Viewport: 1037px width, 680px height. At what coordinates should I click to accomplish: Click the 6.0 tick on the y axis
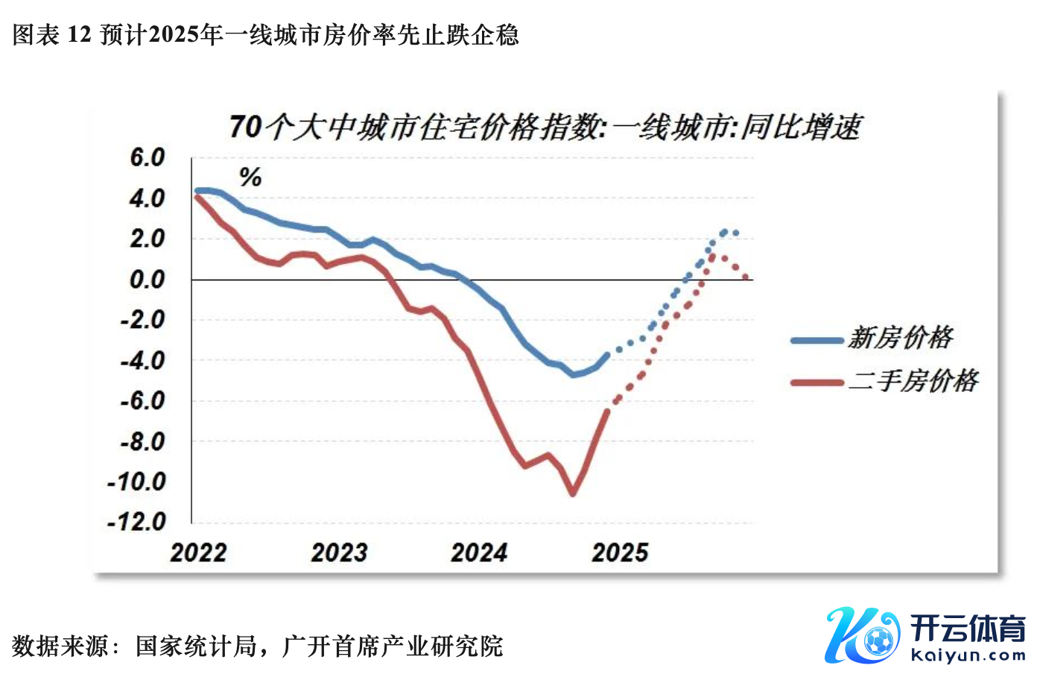point(147,158)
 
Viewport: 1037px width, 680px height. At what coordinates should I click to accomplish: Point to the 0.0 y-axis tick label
point(147,280)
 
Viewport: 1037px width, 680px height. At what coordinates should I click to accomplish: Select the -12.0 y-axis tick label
point(137,521)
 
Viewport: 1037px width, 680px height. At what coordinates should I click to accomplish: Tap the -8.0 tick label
point(142,441)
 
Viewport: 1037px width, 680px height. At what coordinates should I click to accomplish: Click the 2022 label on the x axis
point(198,552)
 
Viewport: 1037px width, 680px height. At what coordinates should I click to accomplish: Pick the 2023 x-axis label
point(339,552)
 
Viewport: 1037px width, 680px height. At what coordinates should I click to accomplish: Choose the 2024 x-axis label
point(479,552)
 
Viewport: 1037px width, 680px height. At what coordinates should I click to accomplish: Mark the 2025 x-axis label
point(620,552)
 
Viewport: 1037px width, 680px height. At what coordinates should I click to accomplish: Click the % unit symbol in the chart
point(250,177)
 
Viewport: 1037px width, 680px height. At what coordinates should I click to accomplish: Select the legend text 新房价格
point(901,338)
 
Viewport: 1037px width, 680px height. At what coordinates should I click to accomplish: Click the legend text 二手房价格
point(913,381)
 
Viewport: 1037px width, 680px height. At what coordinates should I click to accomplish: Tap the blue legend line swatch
point(817,341)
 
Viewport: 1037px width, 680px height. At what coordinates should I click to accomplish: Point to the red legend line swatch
point(817,383)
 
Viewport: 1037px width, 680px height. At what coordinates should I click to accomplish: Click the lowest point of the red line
point(573,493)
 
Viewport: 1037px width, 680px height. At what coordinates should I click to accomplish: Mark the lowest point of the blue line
point(573,374)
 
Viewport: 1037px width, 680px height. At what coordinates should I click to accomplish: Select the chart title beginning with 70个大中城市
point(545,127)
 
